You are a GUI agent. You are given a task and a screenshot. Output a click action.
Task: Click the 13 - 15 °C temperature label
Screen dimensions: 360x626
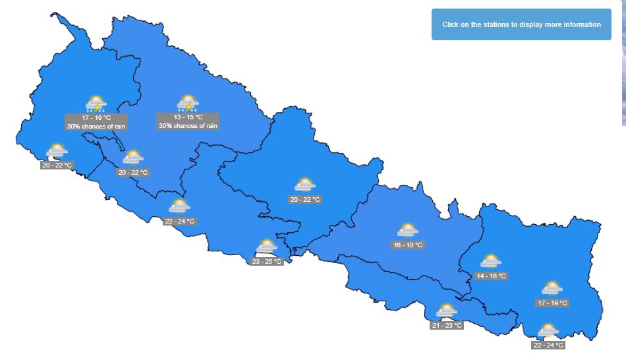pos(188,117)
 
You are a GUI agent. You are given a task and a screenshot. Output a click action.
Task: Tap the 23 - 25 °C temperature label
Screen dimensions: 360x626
pos(267,261)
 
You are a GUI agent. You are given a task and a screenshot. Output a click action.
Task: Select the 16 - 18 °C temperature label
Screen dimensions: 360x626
pos(408,245)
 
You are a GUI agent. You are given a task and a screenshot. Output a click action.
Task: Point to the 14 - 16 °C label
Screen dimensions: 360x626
pos(491,276)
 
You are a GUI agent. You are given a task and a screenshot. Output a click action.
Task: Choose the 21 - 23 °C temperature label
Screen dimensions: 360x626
pos(447,325)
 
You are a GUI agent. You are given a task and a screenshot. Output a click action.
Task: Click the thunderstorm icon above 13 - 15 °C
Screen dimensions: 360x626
pos(188,104)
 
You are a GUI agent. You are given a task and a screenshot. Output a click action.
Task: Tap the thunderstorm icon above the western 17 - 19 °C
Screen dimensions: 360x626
pos(96,104)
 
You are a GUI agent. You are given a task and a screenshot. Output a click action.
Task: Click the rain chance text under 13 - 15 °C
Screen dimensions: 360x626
pos(188,125)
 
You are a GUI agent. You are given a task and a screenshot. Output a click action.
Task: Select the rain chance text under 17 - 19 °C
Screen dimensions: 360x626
pos(96,126)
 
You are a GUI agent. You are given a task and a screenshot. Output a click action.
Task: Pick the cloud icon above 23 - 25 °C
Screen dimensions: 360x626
pos(266,247)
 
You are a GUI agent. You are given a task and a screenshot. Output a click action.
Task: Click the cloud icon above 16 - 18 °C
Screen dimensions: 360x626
pos(407,231)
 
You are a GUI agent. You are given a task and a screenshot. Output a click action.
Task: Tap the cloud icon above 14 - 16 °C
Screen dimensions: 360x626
pos(490,262)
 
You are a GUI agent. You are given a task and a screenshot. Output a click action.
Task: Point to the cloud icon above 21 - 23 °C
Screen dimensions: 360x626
pos(446,311)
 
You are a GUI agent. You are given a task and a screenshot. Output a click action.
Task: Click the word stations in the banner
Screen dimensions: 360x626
pos(501,24)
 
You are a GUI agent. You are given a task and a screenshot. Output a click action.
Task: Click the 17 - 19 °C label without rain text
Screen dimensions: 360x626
pos(552,303)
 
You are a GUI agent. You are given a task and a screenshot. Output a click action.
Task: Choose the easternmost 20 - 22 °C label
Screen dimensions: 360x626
pos(305,199)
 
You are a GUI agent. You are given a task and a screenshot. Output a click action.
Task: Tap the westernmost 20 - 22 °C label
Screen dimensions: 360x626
pos(57,165)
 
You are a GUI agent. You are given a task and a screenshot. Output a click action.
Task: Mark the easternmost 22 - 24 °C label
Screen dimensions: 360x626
pos(548,345)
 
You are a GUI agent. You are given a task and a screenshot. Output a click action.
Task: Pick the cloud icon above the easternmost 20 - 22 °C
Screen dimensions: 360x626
pos(304,185)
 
